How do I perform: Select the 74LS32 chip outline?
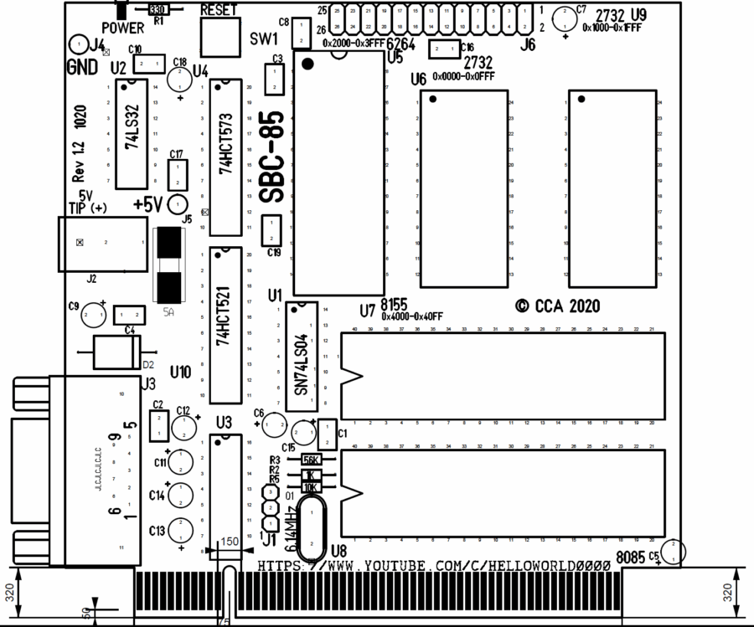coord(132,134)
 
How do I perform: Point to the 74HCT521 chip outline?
coord(225,325)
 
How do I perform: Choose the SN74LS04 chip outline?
coord(302,360)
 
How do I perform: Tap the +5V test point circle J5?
coord(178,204)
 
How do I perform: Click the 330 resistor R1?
coord(157,9)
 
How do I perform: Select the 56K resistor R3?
coord(311,460)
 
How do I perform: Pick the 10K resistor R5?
coord(311,487)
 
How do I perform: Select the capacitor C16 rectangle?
coord(442,50)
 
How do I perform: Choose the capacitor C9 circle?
coord(90,315)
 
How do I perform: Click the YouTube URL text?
coord(433,566)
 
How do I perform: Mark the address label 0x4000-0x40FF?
coord(411,316)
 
